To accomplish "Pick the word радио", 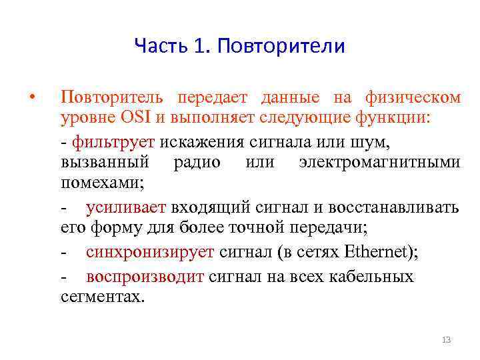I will pyautogui.click(x=197, y=163).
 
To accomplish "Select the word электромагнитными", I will pyautogui.click(x=379, y=163).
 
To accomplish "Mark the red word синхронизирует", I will pyautogui.click(x=150, y=253).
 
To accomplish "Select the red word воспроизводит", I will pyautogui.click(x=145, y=276).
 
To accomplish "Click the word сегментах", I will pyautogui.click(x=101, y=297).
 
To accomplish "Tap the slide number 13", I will pyautogui.click(x=447, y=341).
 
